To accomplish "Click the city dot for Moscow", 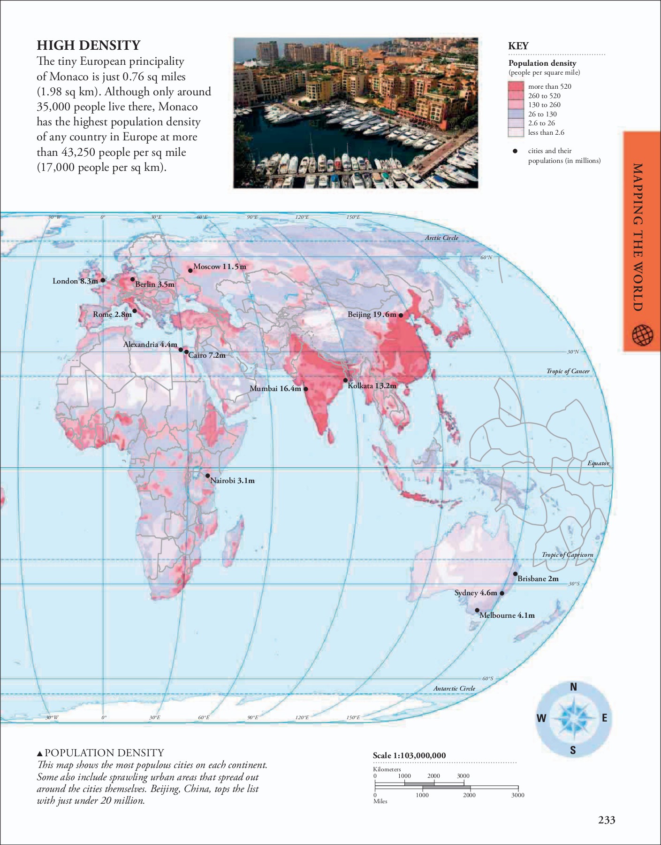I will point(190,270).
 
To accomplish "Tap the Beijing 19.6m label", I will point(372,315).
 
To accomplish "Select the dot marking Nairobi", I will point(207,476).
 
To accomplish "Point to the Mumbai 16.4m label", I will point(275,389).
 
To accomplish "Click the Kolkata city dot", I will point(345,380).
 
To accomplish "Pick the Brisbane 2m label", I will point(538,579).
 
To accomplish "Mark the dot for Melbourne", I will point(477,610).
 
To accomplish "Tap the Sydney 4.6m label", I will point(475,593).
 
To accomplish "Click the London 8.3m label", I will point(75,281).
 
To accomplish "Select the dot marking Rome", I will point(135,311).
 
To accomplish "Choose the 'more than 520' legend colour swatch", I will point(516,86).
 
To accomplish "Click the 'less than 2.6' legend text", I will point(546,132).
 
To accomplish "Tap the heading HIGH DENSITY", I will point(89,45).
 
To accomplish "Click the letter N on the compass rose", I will point(573,687).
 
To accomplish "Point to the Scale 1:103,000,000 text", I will point(409,755).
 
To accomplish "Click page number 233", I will point(606,820).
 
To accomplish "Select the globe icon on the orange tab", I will point(642,335).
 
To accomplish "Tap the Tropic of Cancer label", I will point(568,371).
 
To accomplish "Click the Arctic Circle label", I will point(441,238).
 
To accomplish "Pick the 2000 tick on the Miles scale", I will point(470,795).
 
